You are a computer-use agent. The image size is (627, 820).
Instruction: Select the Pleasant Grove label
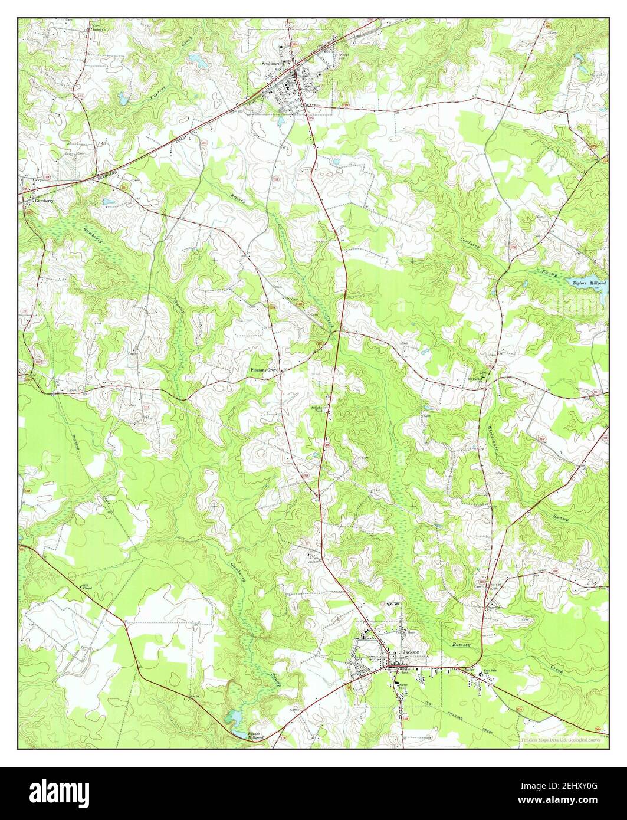pos(263,370)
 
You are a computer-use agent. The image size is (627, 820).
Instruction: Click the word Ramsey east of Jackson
pos(462,646)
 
